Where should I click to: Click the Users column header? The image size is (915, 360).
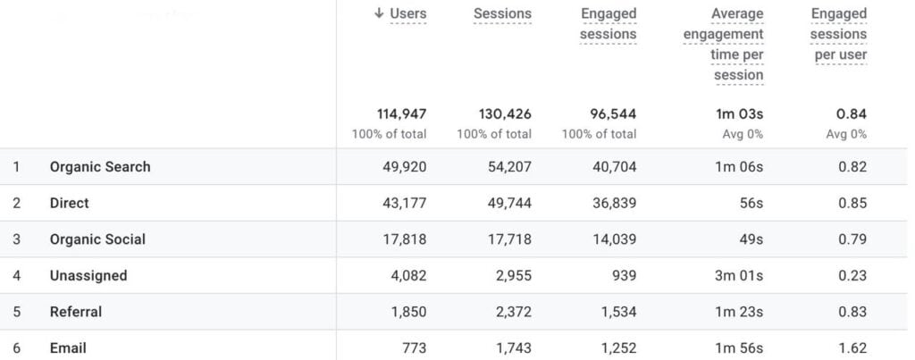pyautogui.click(x=407, y=13)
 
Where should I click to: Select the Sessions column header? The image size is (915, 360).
pyautogui.click(x=502, y=13)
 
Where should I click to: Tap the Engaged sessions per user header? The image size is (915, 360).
pyautogui.click(x=838, y=34)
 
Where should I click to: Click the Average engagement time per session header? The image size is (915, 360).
pyautogui.click(x=724, y=44)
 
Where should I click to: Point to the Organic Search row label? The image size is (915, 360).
pyautogui.click(x=100, y=167)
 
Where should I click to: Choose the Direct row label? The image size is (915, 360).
pyautogui.click(x=70, y=204)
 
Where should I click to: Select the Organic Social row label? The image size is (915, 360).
pyautogui.click(x=97, y=239)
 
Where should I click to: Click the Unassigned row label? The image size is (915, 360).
pyautogui.click(x=88, y=276)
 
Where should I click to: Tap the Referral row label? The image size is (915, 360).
pyautogui.click(x=76, y=312)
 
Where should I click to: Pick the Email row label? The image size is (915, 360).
pyautogui.click(x=68, y=347)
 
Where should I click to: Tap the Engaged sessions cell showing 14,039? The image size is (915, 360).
pyautogui.click(x=613, y=239)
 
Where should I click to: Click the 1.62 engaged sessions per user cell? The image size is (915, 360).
pyautogui.click(x=852, y=347)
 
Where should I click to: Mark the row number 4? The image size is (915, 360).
pyautogui.click(x=16, y=276)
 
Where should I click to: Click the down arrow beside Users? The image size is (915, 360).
pyautogui.click(x=379, y=13)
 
